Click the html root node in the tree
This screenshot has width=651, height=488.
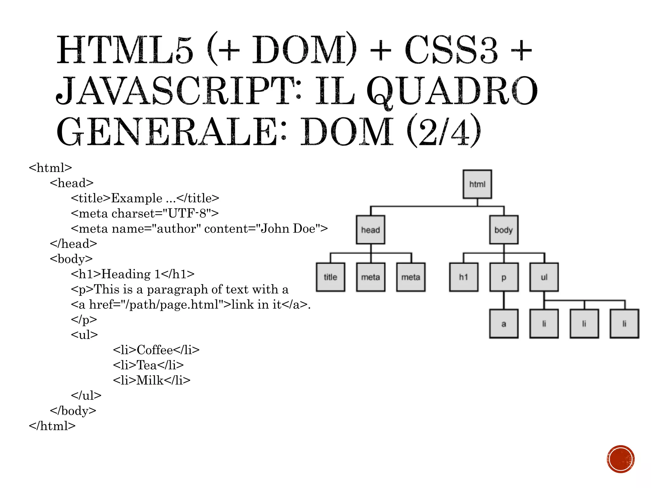(x=477, y=184)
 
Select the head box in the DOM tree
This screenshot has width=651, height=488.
(x=370, y=230)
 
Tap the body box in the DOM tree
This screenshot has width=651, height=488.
(x=504, y=230)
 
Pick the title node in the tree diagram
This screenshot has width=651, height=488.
(x=330, y=277)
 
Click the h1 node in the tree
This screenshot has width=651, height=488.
(x=463, y=277)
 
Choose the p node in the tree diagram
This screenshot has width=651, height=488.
(x=504, y=277)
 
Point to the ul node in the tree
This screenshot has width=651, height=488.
(x=544, y=277)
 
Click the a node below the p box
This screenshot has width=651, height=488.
(x=504, y=324)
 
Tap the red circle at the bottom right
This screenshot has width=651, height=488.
(x=620, y=459)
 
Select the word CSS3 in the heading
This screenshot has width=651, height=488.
(x=451, y=50)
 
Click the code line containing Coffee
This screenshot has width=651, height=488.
(x=156, y=350)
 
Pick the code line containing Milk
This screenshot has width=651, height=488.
(x=152, y=380)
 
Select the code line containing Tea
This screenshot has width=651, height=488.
(x=148, y=365)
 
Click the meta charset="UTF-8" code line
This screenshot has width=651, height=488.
(x=145, y=213)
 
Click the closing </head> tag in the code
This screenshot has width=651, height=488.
(x=73, y=244)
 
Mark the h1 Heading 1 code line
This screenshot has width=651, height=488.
(x=133, y=274)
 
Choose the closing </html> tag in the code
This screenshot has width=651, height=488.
(x=52, y=426)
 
